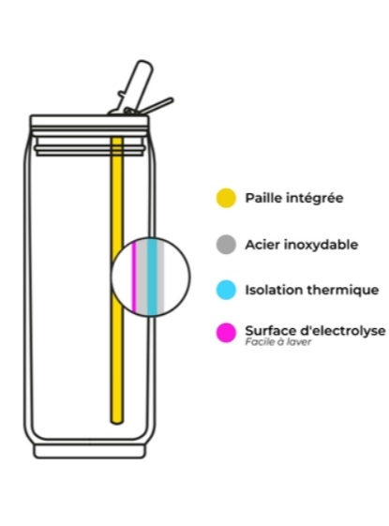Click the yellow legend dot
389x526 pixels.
click(x=226, y=198)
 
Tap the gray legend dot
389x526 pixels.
click(x=226, y=245)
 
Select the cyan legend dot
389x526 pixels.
click(x=226, y=290)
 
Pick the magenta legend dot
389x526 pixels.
click(x=226, y=333)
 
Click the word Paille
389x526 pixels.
click(x=263, y=198)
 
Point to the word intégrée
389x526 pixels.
click(x=315, y=198)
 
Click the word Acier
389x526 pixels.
click(x=262, y=245)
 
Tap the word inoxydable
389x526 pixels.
click(x=321, y=245)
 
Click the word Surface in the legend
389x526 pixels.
click(x=271, y=331)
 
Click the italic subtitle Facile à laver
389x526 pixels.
click(x=278, y=342)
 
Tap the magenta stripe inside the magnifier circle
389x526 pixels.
click(x=133, y=276)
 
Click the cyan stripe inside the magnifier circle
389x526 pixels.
click(x=152, y=277)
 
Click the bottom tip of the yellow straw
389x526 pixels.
click(x=116, y=424)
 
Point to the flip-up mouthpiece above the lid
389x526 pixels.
click(x=135, y=86)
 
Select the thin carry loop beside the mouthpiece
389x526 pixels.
click(x=157, y=105)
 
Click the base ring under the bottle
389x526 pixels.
click(x=90, y=451)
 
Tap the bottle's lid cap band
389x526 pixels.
click(x=89, y=121)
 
